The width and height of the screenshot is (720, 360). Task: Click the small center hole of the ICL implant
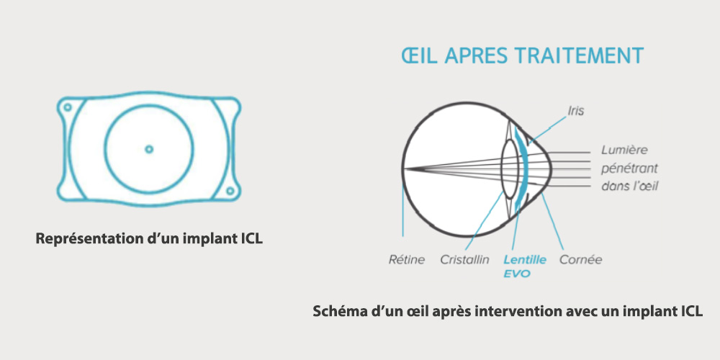[149, 149]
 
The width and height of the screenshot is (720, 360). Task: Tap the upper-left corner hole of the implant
[68, 107]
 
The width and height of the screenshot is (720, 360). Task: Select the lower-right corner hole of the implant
[230, 191]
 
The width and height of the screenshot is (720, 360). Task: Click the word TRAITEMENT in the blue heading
[579, 55]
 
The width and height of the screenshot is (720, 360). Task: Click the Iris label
[575, 111]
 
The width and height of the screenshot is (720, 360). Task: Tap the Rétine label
[407, 259]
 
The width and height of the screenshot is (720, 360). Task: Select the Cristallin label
[464, 259]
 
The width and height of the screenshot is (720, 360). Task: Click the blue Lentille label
[525, 259]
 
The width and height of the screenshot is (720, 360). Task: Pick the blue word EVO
[516, 274]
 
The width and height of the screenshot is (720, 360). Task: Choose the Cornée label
[580, 259]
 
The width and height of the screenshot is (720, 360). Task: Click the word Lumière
[624, 150]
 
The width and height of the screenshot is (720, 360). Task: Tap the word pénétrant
[629, 168]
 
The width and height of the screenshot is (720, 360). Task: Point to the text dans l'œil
[629, 186]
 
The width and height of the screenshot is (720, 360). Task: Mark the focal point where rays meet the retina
[405, 168]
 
